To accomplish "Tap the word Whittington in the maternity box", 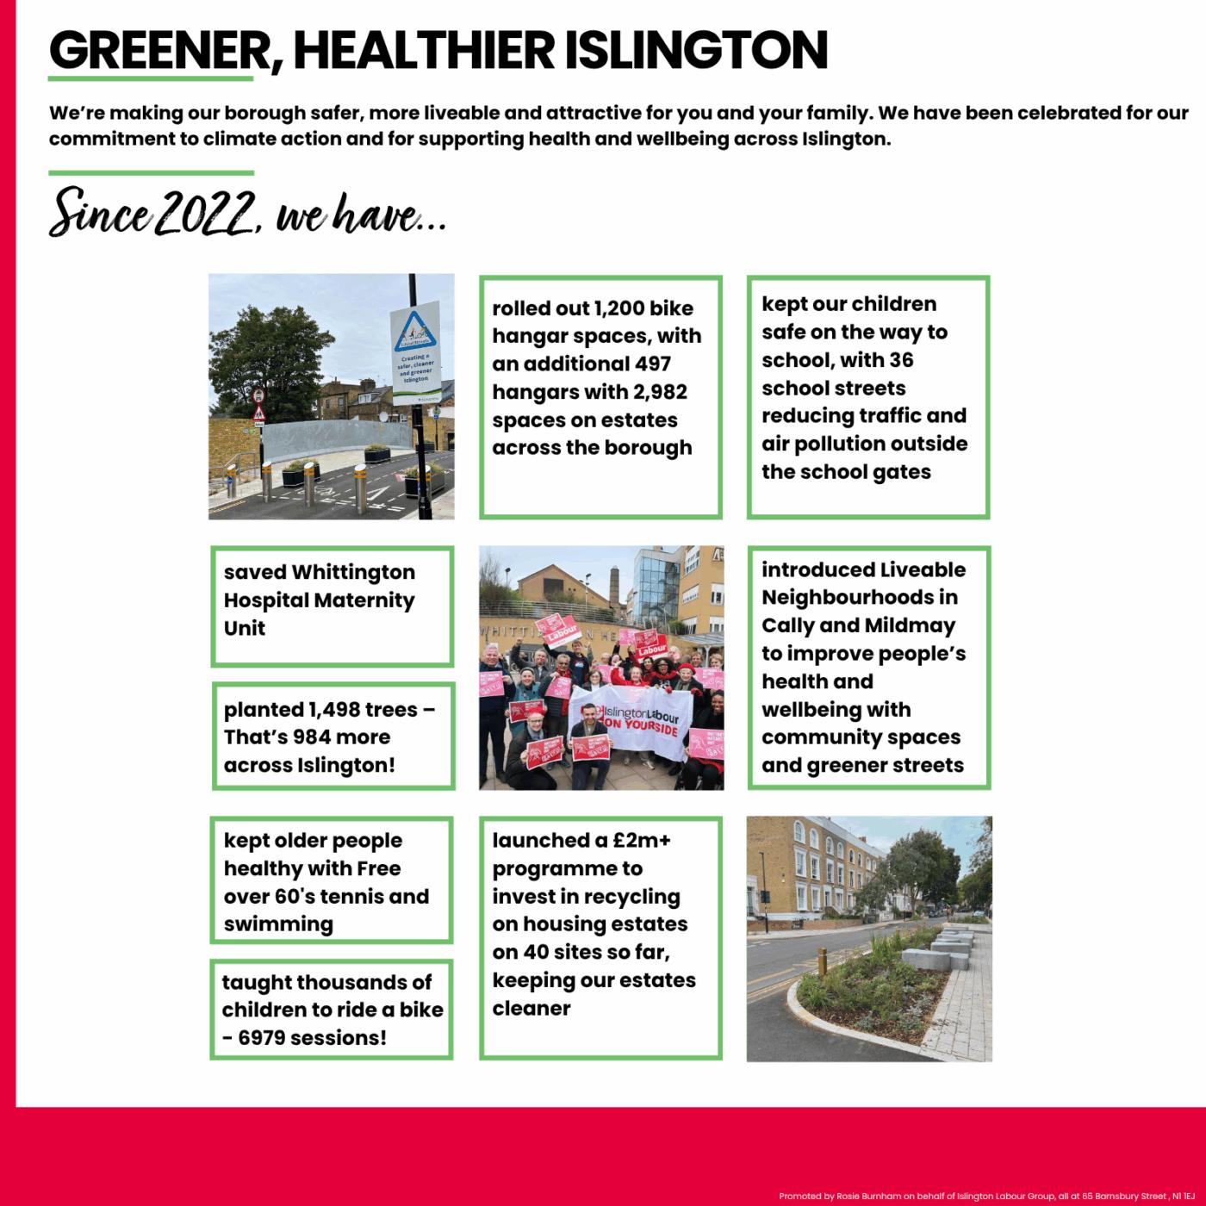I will tap(353, 573).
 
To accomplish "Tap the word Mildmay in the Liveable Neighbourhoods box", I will tap(909, 626).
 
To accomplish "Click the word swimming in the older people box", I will tap(277, 924).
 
